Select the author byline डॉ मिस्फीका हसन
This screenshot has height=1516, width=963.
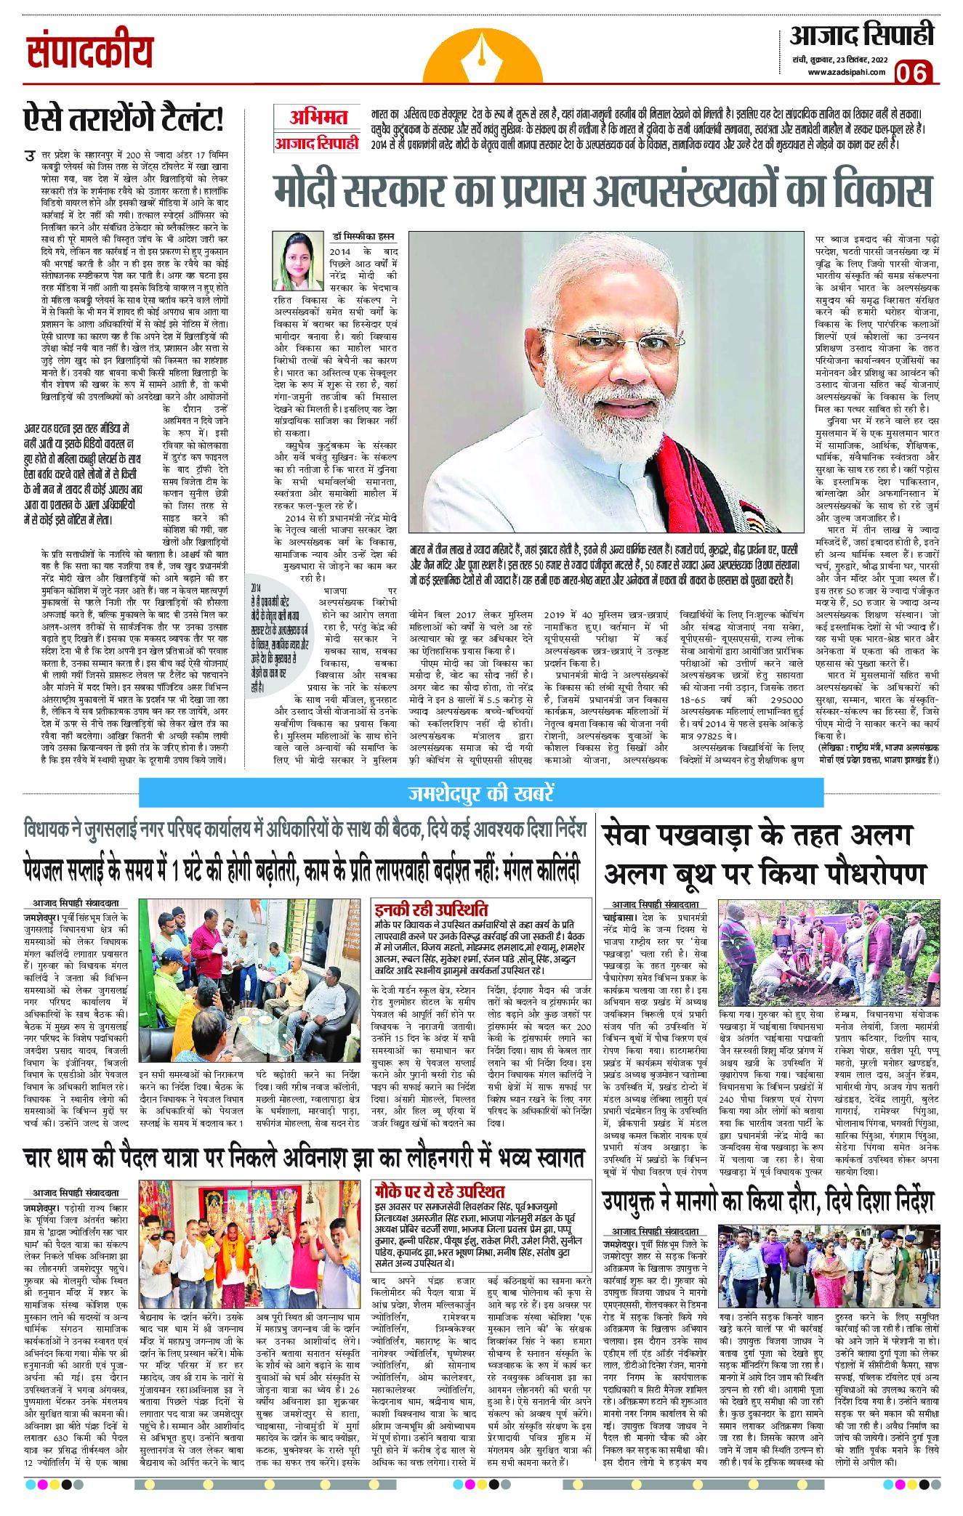350,238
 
